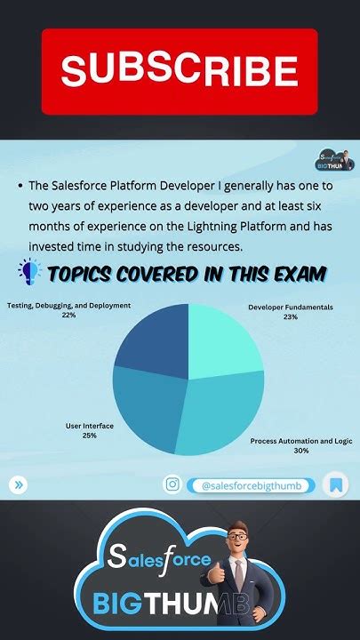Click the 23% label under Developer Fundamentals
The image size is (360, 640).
tap(290, 316)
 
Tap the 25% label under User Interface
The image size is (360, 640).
tap(89, 436)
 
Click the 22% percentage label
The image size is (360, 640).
tap(68, 315)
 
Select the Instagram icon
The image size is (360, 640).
tap(172, 484)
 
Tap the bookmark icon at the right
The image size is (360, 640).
tap(336, 484)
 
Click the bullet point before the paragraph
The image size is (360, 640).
tap(20, 187)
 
